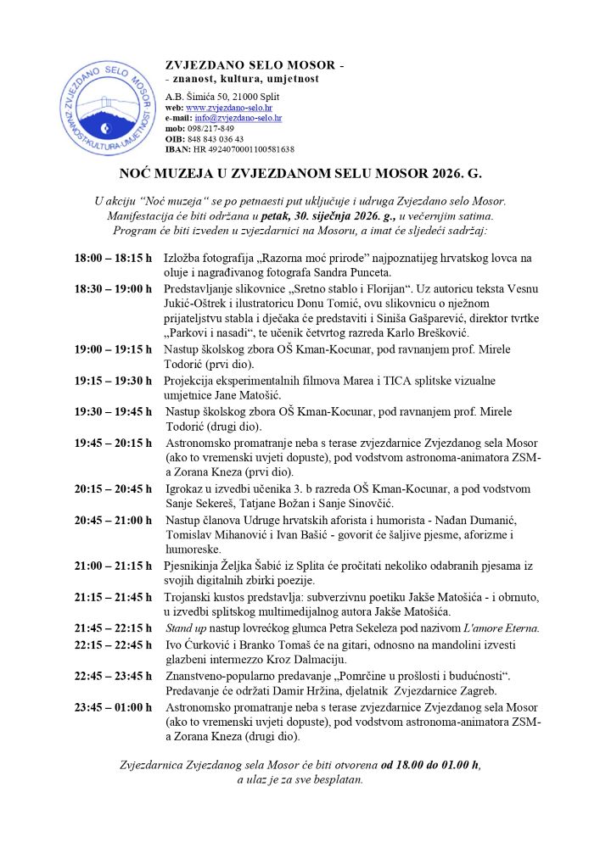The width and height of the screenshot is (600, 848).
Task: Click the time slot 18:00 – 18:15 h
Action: [x=114, y=258]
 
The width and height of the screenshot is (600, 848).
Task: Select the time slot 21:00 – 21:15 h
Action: [x=114, y=566]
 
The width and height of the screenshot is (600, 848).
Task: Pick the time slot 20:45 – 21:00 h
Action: [x=114, y=519]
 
